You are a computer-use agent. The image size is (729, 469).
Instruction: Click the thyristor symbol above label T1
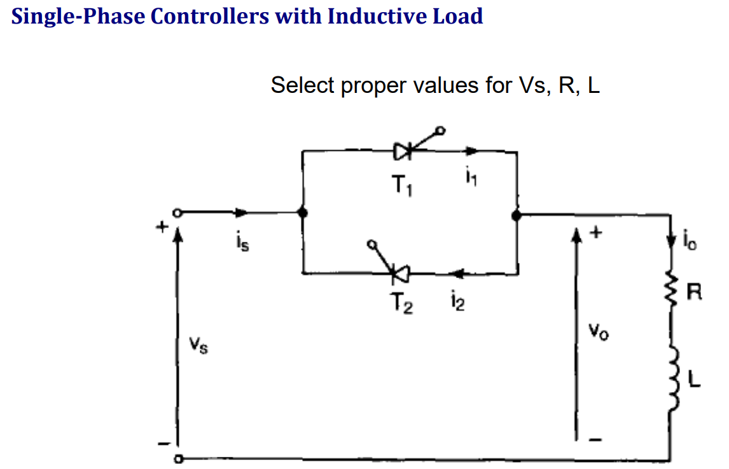click(405, 151)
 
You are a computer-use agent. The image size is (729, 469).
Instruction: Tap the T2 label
click(402, 306)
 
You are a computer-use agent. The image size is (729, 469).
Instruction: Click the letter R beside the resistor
click(696, 293)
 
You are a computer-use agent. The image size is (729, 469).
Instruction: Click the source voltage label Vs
click(200, 347)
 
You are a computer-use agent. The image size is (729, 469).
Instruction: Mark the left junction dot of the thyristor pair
click(303, 213)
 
